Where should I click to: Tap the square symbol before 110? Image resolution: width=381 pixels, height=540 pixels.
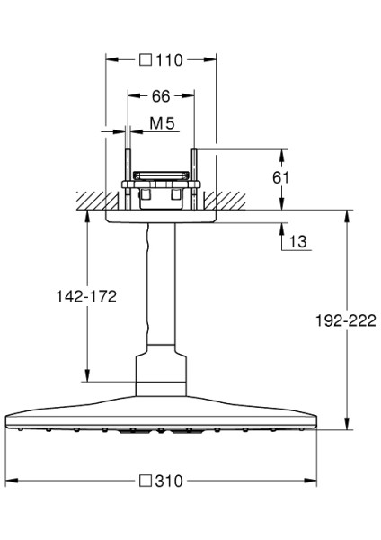pyautogui.click(x=146, y=60)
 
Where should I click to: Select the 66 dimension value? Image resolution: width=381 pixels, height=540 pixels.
pyautogui.click(x=160, y=95)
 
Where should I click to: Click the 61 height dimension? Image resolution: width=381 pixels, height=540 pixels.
pyautogui.click(x=281, y=177)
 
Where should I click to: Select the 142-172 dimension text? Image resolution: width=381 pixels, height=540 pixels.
pyautogui.click(x=87, y=295)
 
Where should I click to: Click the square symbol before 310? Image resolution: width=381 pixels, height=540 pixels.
pyautogui.click(x=146, y=481)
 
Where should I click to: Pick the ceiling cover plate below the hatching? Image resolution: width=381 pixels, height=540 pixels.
pyautogui.click(x=162, y=216)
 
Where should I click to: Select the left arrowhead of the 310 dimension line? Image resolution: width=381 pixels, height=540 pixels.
pyautogui.click(x=10, y=481)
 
